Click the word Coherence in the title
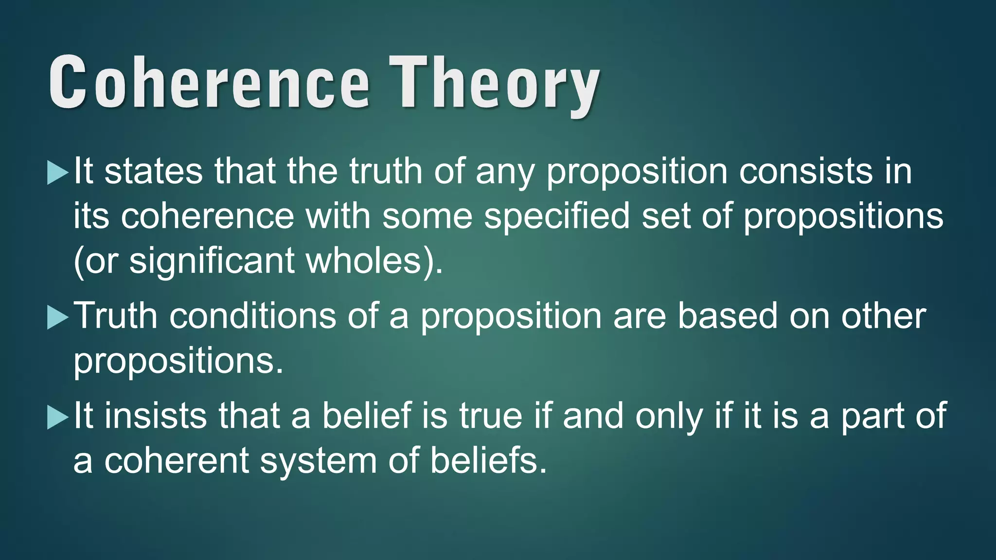[209, 83]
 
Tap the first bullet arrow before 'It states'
[57, 173]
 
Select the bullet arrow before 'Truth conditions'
[57, 318]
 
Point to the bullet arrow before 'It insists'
[57, 418]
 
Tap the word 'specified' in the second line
[557, 216]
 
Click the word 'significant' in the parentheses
[212, 262]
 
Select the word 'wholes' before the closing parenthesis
[363, 262]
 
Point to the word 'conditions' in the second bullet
[252, 316]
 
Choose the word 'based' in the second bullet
[728, 316]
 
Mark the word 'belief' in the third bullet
[367, 416]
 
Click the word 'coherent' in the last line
[176, 461]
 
